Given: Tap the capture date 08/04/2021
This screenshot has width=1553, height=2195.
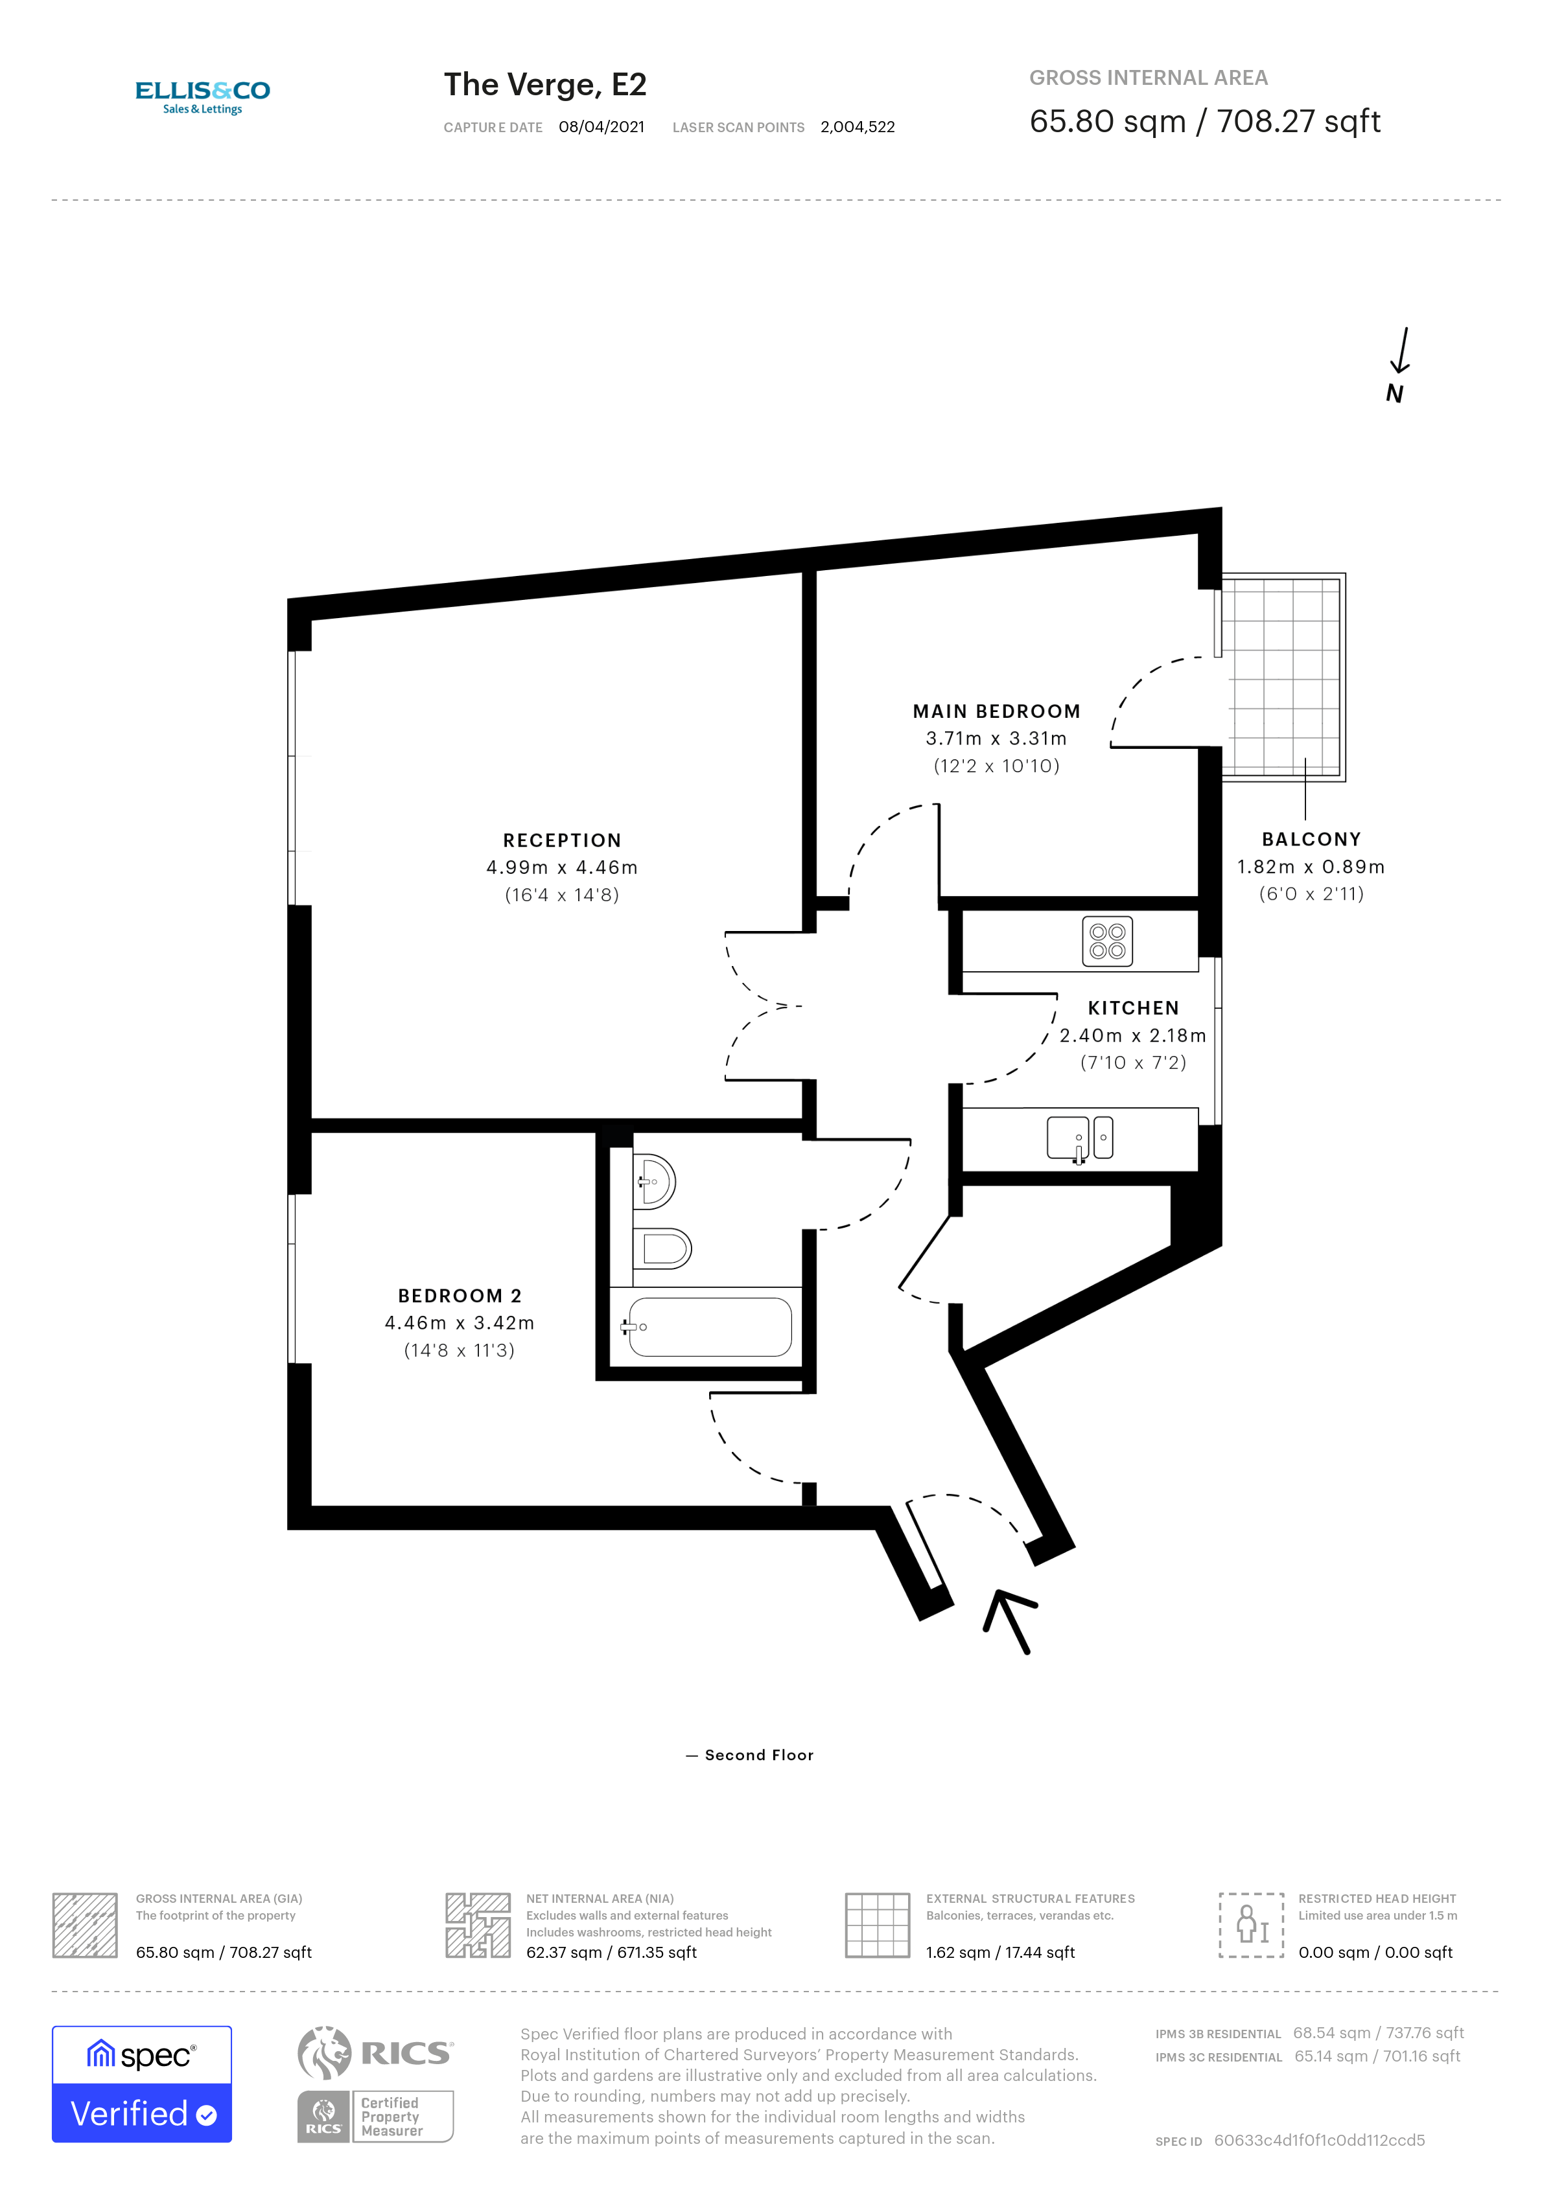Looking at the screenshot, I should click(x=601, y=127).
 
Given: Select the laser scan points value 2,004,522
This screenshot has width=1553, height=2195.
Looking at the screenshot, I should click(x=857, y=127).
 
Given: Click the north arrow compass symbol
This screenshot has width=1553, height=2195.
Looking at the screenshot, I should click(x=1398, y=364).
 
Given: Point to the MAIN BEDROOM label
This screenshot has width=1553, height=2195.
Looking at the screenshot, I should click(x=996, y=711).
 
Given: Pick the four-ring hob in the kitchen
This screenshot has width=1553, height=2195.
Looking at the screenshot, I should click(x=1106, y=941).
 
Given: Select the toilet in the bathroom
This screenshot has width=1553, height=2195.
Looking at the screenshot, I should click(x=662, y=1248).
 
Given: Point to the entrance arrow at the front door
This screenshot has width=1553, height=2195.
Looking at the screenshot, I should click(x=1010, y=1620).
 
